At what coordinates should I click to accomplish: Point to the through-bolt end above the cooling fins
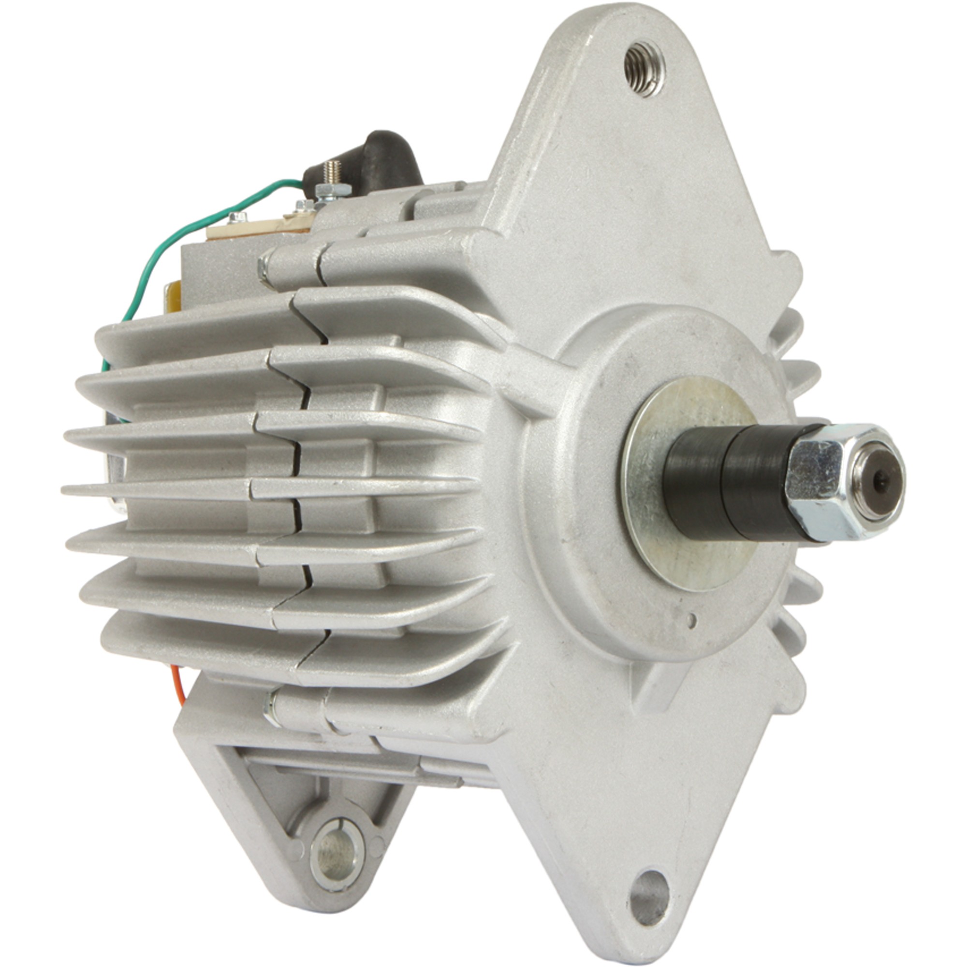[264, 270]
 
